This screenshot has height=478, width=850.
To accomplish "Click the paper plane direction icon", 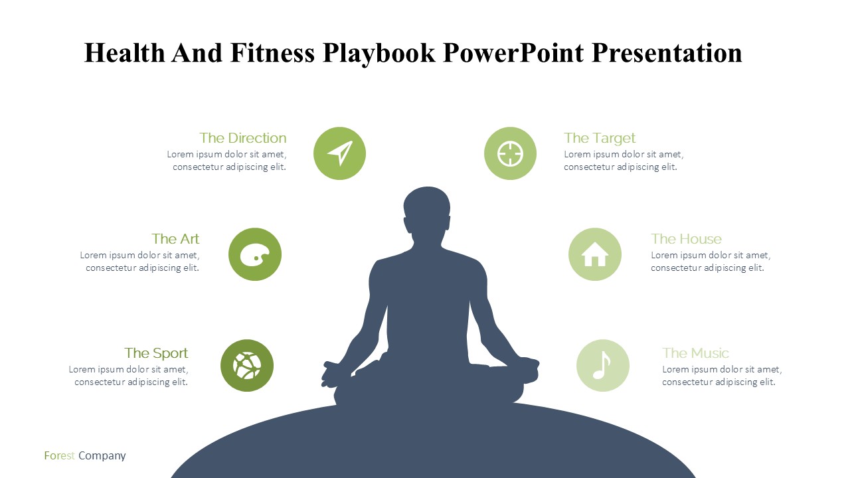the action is pyautogui.click(x=341, y=153).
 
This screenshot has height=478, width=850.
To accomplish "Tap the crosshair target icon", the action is pyautogui.click(x=510, y=153).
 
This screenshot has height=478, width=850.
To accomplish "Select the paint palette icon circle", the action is pyautogui.click(x=255, y=254).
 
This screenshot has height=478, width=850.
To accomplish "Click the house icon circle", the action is pyautogui.click(x=594, y=254).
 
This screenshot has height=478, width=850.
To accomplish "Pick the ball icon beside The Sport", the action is pyautogui.click(x=247, y=366).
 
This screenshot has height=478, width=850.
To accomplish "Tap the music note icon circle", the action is pyautogui.click(x=602, y=365).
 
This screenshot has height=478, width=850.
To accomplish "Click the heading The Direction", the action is pyautogui.click(x=243, y=138).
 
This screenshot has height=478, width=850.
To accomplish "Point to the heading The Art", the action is pyautogui.click(x=175, y=239).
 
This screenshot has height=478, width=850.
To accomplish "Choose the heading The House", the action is pyautogui.click(x=686, y=239).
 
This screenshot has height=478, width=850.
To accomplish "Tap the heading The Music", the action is pyautogui.click(x=695, y=353).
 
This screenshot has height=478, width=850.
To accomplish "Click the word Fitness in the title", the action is pyautogui.click(x=272, y=52).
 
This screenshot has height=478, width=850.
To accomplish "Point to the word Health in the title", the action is pyautogui.click(x=124, y=52).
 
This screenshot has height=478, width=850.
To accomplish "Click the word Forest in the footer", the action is pyautogui.click(x=59, y=455).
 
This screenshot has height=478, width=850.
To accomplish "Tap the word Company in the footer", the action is pyautogui.click(x=102, y=456).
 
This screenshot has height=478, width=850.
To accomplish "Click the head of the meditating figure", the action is pyautogui.click(x=427, y=210).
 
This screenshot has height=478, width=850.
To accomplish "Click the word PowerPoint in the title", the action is pyautogui.click(x=513, y=52).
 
